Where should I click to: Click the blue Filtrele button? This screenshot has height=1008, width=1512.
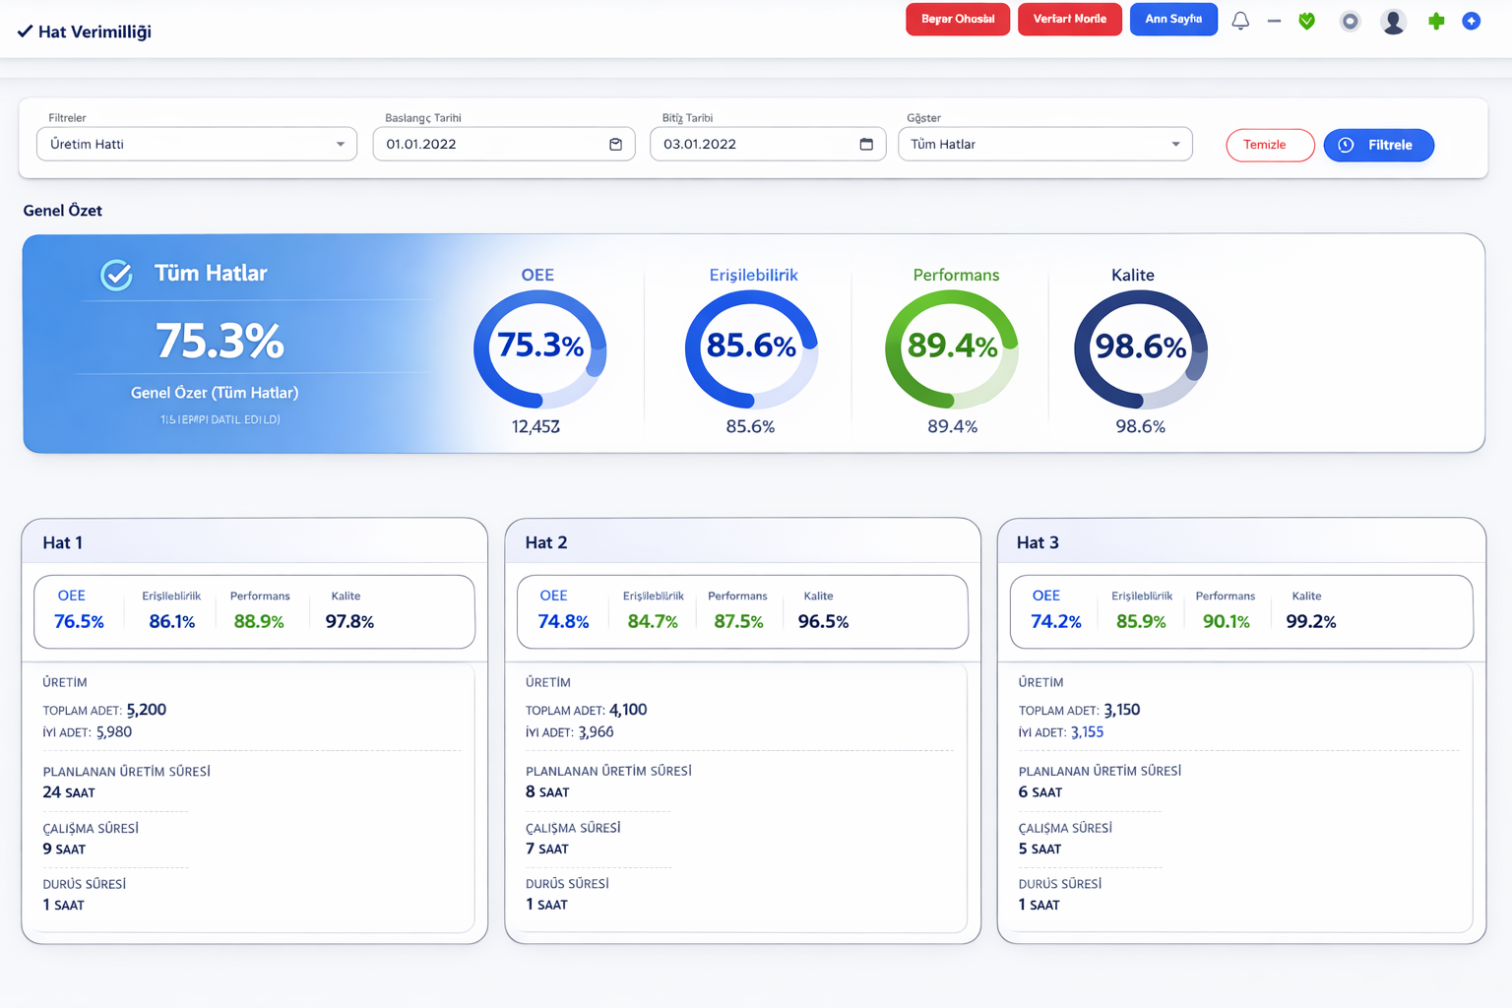coord(1378,145)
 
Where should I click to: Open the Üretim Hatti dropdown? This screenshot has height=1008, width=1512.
coord(197,144)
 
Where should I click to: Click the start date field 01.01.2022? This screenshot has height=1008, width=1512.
coord(503,144)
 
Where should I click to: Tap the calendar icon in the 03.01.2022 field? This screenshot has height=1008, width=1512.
coord(866,144)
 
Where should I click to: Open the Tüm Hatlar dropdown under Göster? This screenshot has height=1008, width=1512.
coord(1044,144)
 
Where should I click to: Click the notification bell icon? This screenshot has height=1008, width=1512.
coord(1240,21)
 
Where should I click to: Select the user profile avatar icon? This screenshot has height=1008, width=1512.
coord(1393,21)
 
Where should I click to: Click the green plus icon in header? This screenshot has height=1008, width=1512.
coord(1436,21)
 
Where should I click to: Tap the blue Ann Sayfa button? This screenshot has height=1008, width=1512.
coord(1173,19)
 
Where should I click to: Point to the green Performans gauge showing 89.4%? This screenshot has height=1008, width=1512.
coord(952,346)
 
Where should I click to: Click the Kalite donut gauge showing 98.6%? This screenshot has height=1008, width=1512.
coord(1140,347)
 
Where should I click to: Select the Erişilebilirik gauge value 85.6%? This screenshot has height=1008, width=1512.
coord(751,346)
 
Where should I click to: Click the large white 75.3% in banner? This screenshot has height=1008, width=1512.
coord(220,342)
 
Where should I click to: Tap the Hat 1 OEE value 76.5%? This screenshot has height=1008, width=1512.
coord(79,621)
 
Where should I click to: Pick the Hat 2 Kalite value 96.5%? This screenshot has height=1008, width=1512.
coord(823,621)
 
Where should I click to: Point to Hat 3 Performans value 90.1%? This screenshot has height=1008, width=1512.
coord(1226,621)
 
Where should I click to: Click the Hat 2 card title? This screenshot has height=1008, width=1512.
coord(546,542)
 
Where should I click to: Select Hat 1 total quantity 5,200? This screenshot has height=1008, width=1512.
coord(146,710)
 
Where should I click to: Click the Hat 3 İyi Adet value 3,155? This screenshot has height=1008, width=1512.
coord(1087,732)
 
